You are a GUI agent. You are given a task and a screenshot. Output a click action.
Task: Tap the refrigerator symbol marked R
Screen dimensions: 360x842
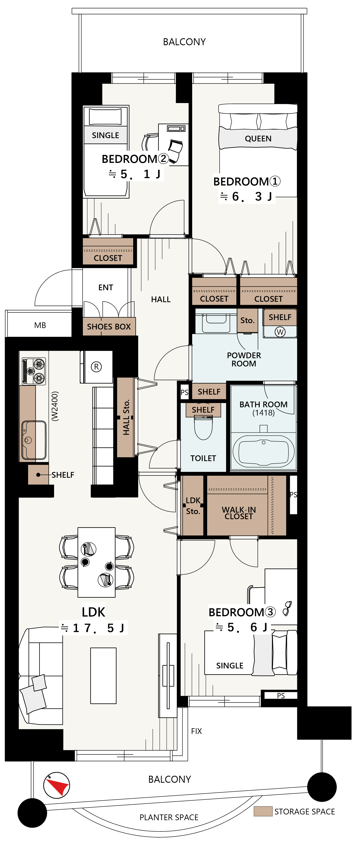coord(96,367)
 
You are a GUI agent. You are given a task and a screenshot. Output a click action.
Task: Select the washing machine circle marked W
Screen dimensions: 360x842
coord(280,332)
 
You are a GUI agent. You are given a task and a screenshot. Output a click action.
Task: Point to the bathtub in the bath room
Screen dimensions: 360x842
coord(263,451)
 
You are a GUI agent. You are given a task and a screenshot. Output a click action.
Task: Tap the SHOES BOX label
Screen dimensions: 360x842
coord(109,326)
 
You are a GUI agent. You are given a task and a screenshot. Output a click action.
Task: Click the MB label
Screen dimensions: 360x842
coord(40,325)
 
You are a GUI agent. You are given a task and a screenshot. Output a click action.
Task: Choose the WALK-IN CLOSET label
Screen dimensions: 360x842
coord(239,513)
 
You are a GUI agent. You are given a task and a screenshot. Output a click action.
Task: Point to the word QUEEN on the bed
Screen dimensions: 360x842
coord(258,139)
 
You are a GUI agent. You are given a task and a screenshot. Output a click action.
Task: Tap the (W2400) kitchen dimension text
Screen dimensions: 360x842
coord(55,406)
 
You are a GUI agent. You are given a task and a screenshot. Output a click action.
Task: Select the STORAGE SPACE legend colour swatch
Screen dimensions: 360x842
coord(263,811)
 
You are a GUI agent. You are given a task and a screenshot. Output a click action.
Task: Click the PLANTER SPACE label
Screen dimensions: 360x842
coord(169,817)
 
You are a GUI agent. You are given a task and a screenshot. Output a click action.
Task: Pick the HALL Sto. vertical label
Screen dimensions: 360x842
coord(126,417)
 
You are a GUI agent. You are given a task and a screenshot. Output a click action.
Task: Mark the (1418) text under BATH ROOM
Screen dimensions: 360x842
coord(263,413)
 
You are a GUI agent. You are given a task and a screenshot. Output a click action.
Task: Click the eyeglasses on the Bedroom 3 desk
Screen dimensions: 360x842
coord(287,609)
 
